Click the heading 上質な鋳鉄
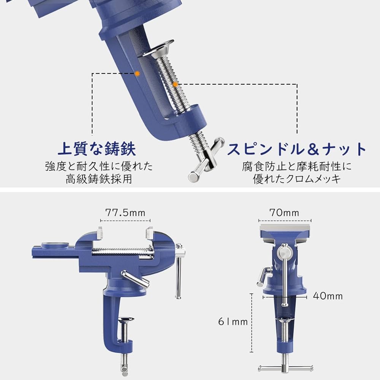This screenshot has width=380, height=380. (97, 149)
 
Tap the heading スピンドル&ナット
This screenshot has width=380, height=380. (297, 149)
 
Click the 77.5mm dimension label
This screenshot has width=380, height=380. (125, 212)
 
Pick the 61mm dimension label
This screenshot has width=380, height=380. (233, 322)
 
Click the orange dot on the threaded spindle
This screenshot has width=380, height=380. (175, 84)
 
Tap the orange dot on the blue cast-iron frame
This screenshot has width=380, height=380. (138, 72)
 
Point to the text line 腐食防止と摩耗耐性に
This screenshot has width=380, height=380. (297, 166)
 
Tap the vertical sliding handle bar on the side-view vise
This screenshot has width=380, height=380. (177, 274)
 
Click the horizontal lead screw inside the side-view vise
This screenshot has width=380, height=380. (122, 252)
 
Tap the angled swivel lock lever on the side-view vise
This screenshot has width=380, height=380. (135, 278)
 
